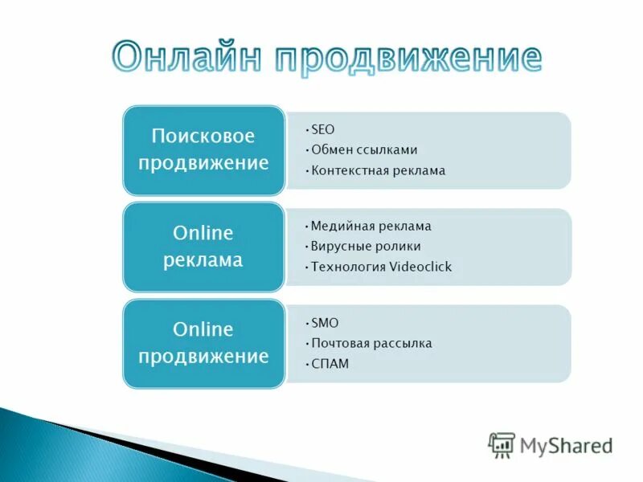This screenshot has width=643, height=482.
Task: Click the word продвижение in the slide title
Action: (409, 58)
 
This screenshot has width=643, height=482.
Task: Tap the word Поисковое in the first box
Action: (203, 136)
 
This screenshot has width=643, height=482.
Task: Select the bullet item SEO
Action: (322, 129)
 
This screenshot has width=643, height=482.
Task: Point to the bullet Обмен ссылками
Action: (364, 149)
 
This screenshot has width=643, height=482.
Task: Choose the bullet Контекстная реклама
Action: (378, 170)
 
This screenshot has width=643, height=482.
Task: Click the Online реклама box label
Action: (203, 247)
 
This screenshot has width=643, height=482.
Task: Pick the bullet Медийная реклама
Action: (371, 226)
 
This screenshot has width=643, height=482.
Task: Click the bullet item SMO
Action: (325, 323)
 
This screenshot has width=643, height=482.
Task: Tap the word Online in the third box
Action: (203, 329)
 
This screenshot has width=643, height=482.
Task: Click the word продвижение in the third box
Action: (203, 356)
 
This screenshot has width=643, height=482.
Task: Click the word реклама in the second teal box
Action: (203, 260)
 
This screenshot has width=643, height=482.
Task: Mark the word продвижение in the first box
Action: (203, 163)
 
